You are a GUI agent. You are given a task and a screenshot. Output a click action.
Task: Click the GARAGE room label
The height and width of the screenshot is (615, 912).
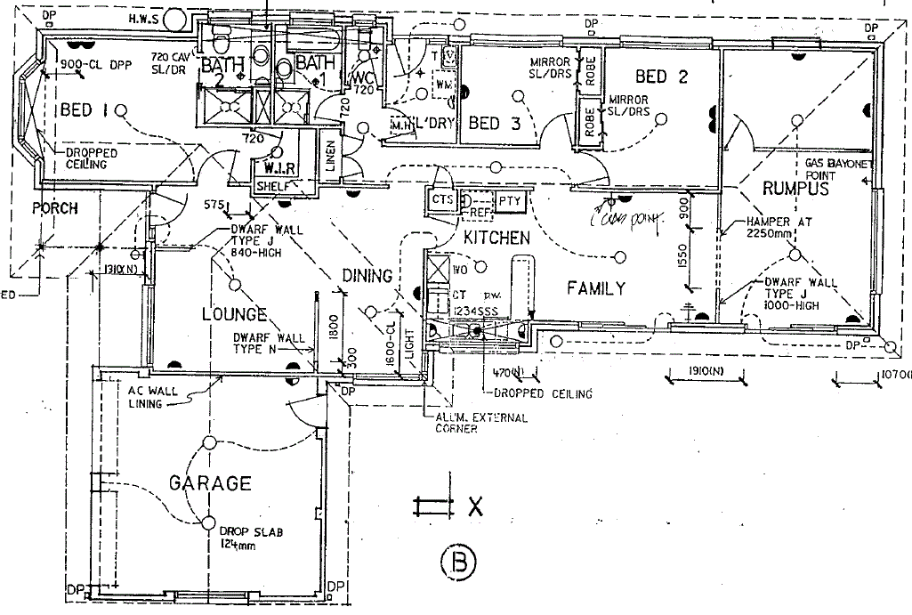[x=210, y=483]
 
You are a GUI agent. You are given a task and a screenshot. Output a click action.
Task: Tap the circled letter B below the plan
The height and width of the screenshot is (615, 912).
[x=459, y=562]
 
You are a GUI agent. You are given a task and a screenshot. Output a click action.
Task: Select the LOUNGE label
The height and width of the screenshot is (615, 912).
[x=234, y=314]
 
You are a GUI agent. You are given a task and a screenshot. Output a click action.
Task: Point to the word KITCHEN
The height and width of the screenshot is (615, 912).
[x=496, y=238]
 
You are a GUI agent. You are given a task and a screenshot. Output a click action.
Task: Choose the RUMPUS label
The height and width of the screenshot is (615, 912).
[x=795, y=188]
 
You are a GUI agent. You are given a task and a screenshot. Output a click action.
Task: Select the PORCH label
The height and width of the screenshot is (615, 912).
[x=55, y=209]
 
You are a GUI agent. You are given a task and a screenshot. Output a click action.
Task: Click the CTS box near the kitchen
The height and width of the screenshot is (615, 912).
[x=442, y=200]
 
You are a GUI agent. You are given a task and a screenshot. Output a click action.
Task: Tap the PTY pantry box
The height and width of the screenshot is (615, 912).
[x=509, y=201]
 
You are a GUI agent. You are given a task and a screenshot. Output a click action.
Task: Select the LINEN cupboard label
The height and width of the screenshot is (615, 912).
[x=330, y=157]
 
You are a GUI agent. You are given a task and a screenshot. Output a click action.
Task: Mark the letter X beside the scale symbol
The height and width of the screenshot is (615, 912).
[x=475, y=508]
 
